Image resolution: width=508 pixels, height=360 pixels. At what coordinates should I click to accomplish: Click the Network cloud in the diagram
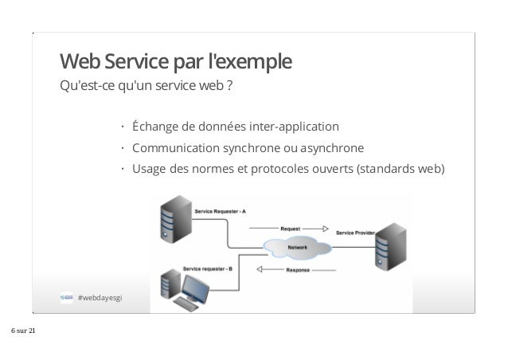pos(296,247)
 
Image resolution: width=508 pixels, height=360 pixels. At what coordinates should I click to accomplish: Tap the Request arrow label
pos(290,227)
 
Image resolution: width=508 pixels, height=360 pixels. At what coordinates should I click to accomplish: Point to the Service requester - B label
pos(208,268)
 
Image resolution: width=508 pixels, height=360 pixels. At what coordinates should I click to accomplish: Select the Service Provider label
pos(355,233)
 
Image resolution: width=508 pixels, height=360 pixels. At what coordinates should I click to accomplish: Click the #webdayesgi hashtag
pos(101,298)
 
